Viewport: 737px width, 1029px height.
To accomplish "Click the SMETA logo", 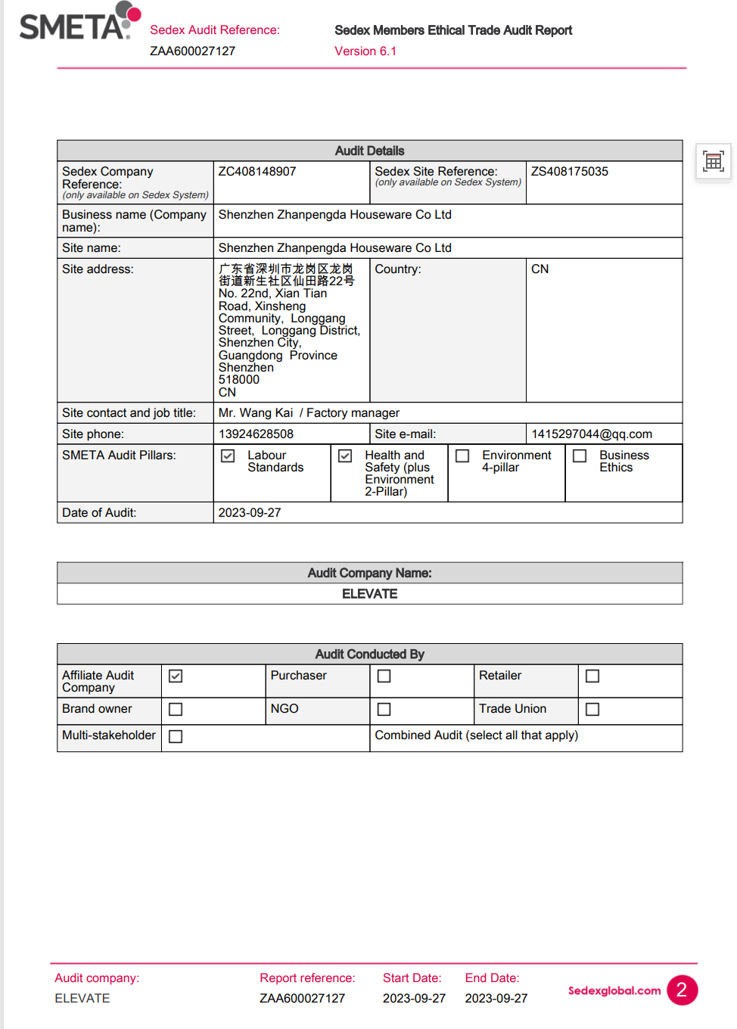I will [79, 22].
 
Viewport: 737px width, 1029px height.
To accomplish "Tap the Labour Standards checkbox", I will [228, 456].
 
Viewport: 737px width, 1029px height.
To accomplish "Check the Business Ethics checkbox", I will [580, 456].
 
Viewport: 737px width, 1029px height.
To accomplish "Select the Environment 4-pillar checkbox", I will [462, 456].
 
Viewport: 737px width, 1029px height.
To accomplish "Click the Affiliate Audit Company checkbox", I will [176, 676].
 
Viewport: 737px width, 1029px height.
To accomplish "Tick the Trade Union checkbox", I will [592, 710].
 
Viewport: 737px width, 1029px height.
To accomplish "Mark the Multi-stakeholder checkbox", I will [176, 737].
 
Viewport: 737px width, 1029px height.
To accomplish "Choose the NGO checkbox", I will [384, 710].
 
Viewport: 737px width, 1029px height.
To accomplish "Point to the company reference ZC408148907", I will [257, 172].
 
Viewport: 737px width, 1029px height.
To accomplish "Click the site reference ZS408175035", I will [570, 172].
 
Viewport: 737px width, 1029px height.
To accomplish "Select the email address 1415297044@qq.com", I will [592, 434].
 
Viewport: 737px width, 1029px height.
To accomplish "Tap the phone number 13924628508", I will [256, 434].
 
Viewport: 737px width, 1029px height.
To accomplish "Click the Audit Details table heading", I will [369, 151].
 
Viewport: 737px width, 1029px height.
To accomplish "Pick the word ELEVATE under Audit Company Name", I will [369, 594].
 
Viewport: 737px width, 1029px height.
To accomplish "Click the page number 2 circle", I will [682, 990].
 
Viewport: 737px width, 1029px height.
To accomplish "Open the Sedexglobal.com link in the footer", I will [614, 990].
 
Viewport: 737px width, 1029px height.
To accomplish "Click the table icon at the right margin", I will [713, 161].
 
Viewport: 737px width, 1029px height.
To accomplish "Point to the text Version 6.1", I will [365, 51].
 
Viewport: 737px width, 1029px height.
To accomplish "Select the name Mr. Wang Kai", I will [256, 413].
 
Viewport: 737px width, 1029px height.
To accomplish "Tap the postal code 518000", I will [239, 380].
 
